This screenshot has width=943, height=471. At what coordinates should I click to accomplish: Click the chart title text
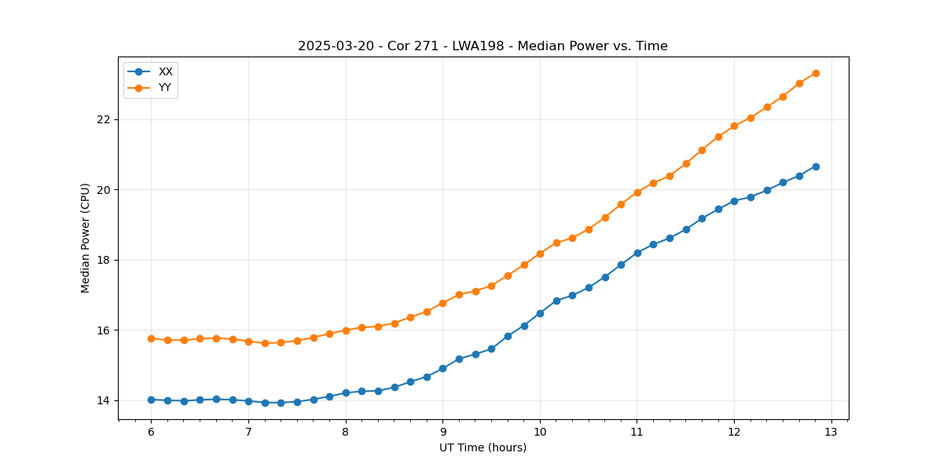483,46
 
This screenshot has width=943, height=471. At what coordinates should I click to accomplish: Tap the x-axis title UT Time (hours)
483,447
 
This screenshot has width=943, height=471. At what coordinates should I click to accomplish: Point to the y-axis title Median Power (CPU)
85,238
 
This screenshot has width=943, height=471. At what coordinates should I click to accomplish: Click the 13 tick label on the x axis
831,432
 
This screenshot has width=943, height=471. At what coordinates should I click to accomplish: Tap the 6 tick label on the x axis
151,432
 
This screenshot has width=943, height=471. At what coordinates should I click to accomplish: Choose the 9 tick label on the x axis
442,432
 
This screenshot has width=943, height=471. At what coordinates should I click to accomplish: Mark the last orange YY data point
816,73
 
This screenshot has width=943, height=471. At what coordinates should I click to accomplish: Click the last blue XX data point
816,166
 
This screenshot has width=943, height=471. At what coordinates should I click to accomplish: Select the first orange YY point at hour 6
151,338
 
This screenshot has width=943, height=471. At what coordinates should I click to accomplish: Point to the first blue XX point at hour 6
151,400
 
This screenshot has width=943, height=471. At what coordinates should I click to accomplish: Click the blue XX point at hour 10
540,313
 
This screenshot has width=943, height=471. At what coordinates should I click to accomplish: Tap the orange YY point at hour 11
637,192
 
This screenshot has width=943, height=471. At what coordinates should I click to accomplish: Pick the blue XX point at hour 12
734,201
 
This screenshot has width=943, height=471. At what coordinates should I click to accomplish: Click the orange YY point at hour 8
346,330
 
